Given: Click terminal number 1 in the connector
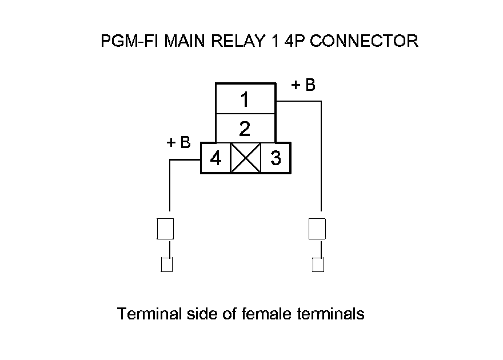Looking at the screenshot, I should pos(245,100).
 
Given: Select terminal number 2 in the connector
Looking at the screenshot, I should pos(245,129).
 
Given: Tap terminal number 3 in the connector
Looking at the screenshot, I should pos(276,158).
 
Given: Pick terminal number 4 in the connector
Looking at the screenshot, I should pos(215,158).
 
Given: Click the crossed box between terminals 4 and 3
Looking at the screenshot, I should pos(245,158).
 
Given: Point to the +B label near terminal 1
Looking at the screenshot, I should pos(304,85).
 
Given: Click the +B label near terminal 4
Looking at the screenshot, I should pos(178,142).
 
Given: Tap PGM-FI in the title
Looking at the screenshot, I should pos(130,41).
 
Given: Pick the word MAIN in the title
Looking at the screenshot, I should pos(183,41).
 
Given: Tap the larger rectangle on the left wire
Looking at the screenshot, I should pos(165,229).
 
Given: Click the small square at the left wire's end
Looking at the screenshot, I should pos(166,265).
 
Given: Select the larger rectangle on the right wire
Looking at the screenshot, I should pos(317,229).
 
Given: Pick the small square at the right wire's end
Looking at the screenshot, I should pos(318,265).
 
